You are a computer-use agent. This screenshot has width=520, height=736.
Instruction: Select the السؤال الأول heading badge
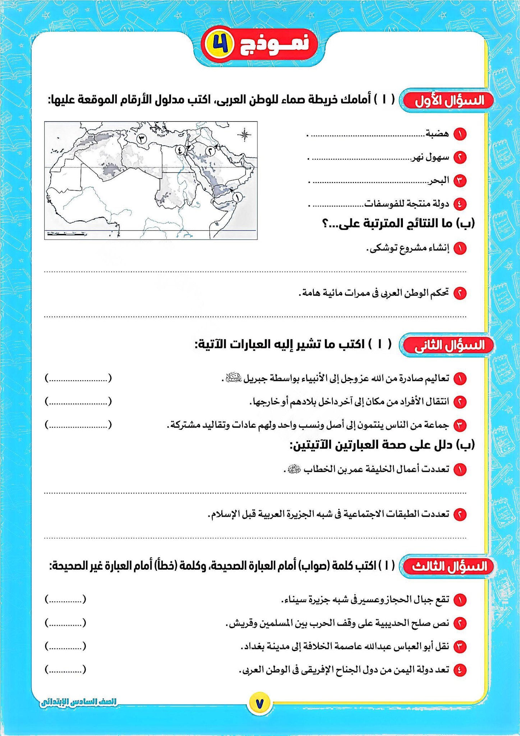point(448,101)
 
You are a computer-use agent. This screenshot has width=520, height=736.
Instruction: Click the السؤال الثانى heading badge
point(448,345)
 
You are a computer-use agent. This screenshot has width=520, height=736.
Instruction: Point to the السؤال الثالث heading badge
point(448,566)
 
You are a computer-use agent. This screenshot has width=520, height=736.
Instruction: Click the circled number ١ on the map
point(237,197)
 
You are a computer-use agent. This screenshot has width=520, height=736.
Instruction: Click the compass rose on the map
point(244,135)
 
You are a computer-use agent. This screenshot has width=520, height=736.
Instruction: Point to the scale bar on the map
point(66,234)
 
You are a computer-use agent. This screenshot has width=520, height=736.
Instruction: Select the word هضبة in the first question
point(437,134)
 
